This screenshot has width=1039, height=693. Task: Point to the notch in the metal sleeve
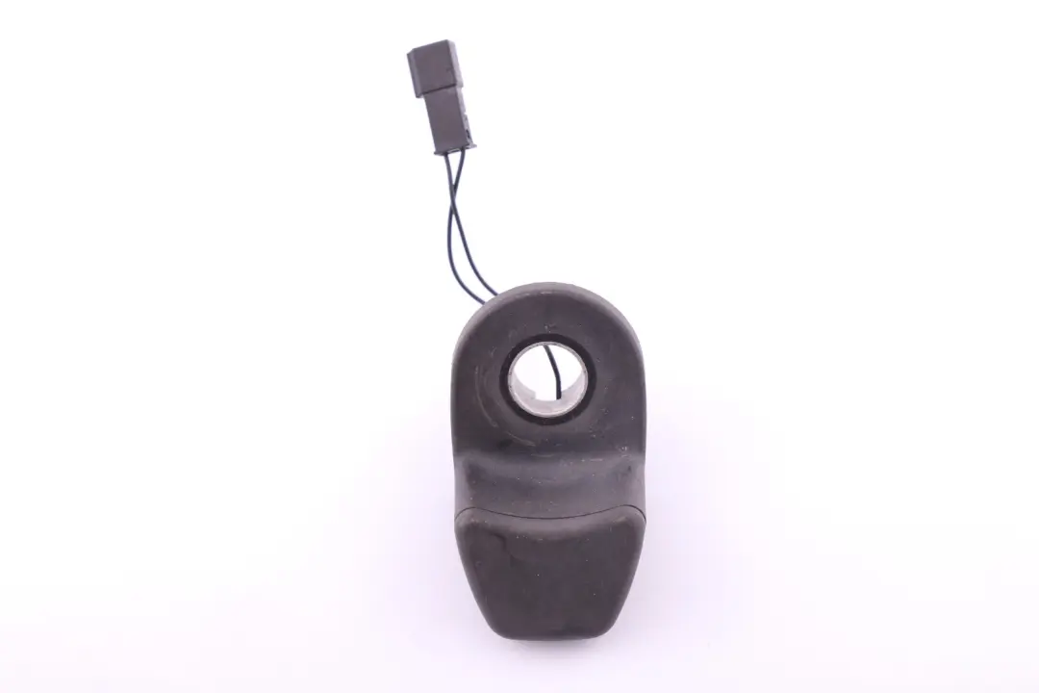(x=557, y=394)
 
